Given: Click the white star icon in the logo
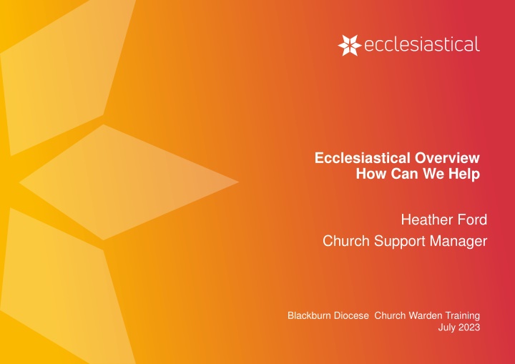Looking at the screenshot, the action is pyautogui.click(x=350, y=45).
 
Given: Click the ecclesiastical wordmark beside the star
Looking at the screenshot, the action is pyautogui.click(x=422, y=44).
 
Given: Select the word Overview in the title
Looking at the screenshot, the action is pyautogui.click(x=447, y=158).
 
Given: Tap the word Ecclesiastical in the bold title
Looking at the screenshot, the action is pyautogui.click(x=363, y=158).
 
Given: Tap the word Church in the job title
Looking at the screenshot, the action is pyautogui.click(x=346, y=241).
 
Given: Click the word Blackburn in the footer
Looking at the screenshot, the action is pyautogui.click(x=309, y=315).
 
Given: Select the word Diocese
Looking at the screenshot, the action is pyautogui.click(x=351, y=315).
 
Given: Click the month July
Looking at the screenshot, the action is pyautogui.click(x=446, y=328).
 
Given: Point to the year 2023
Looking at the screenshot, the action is pyautogui.click(x=468, y=328).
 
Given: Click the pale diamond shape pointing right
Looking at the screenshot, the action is pyautogui.click(x=129, y=182).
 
